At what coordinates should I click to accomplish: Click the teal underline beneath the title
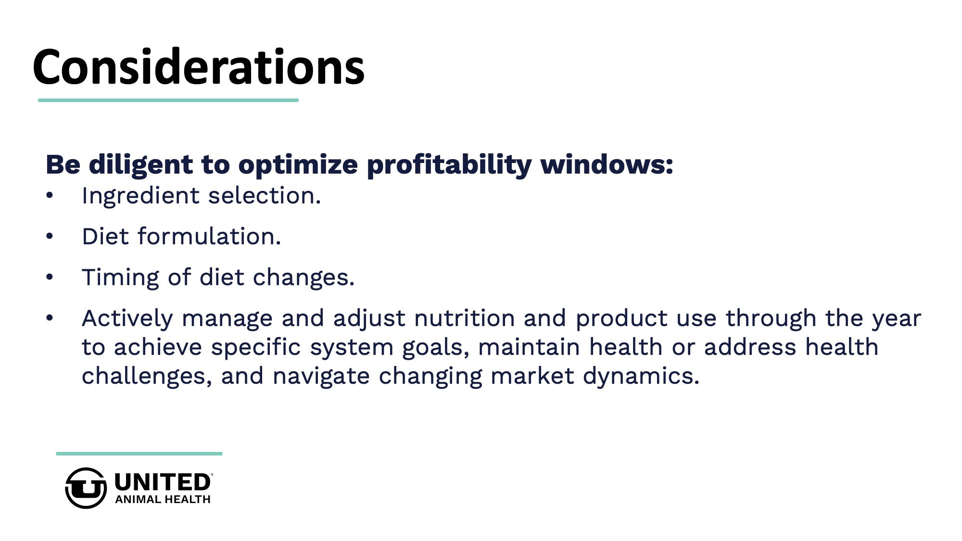[x=168, y=100]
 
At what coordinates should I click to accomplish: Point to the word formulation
[x=209, y=236]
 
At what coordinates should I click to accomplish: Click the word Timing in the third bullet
[x=120, y=278]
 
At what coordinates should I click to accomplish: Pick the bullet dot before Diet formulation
[x=50, y=237]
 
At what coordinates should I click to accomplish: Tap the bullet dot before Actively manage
[x=50, y=318]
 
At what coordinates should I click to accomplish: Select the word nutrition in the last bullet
[x=465, y=318]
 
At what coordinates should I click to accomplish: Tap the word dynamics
[x=641, y=377]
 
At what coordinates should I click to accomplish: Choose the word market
[x=532, y=376]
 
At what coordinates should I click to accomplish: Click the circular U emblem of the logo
[x=86, y=488]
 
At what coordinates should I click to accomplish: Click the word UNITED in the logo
[x=163, y=482]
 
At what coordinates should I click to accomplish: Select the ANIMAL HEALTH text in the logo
[x=163, y=500]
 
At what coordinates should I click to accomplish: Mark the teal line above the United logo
[x=139, y=453]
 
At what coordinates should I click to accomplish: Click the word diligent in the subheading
[x=140, y=165]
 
